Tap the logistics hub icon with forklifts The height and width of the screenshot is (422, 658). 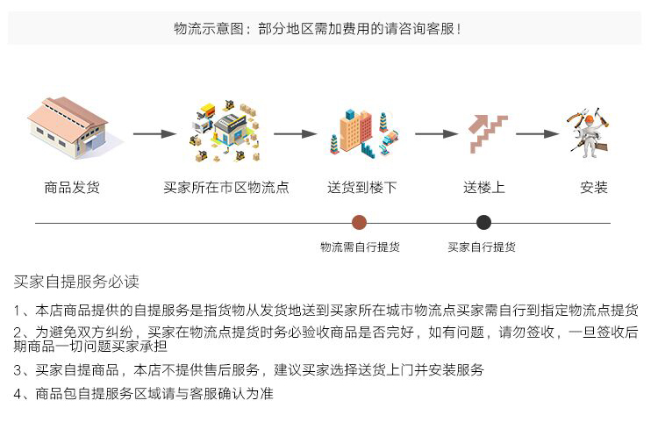[x=225, y=132]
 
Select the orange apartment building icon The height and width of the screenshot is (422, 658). [x=363, y=133]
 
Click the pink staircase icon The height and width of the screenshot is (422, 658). [x=488, y=133]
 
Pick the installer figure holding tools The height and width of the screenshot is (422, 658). [x=590, y=132]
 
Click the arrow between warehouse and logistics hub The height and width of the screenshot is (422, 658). [x=154, y=134]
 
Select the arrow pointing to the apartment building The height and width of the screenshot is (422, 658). [x=296, y=134]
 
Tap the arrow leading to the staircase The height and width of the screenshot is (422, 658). [x=436, y=134]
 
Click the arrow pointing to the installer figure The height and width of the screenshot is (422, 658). [x=538, y=134]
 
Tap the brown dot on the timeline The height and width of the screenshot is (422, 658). [x=359, y=223]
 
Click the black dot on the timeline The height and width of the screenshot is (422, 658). [x=483, y=223]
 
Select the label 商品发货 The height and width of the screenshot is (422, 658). [x=72, y=188]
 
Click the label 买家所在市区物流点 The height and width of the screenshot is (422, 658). [x=226, y=188]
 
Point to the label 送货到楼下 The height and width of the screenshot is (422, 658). [x=362, y=188]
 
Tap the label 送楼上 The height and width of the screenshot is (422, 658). [x=484, y=188]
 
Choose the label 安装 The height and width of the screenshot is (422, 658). [x=594, y=188]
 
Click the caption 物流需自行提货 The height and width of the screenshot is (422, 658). [x=360, y=247]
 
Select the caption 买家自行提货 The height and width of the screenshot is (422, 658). [x=482, y=247]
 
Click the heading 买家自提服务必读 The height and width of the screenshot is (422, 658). [x=76, y=282]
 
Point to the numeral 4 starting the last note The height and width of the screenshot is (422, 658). [x=18, y=394]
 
